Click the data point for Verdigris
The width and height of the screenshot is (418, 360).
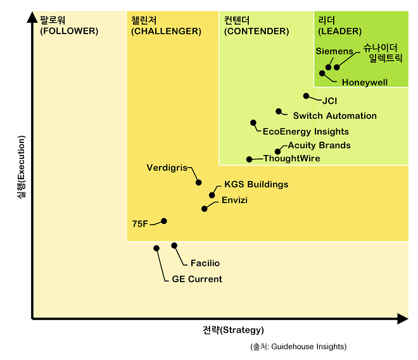tap(198, 182)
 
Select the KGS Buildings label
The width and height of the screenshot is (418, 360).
tap(256, 185)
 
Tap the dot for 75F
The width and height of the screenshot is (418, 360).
tap(164, 221)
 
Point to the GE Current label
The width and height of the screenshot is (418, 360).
tap(197, 279)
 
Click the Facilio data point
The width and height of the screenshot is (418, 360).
tap(174, 245)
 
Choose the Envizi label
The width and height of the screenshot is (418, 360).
tap(234, 201)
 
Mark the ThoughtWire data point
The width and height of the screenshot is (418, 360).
tap(249, 159)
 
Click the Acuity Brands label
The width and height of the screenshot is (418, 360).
tap(319, 146)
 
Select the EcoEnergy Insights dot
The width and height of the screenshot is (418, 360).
tap(253, 123)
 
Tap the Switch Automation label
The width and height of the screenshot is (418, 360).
tap(334, 116)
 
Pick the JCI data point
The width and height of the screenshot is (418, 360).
tap(306, 96)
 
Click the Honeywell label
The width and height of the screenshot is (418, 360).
tap(364, 82)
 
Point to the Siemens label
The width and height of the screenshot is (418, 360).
tap(334, 51)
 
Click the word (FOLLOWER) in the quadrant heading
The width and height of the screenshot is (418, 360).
tap(69, 31)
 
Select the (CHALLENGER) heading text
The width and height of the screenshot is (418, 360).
tap(166, 31)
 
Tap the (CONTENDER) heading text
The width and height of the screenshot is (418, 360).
tap(256, 31)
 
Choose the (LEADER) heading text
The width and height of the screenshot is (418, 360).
tap(339, 31)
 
